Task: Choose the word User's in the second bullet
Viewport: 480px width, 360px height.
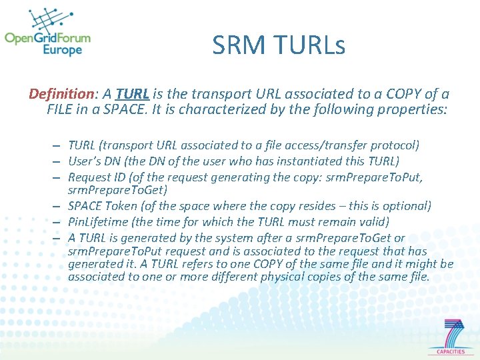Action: pyautogui.click(x=84, y=161)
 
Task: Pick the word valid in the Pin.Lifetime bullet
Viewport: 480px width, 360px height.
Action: pyautogui.click(x=375, y=222)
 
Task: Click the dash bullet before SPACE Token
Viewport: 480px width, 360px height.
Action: pyautogui.click(x=59, y=206)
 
